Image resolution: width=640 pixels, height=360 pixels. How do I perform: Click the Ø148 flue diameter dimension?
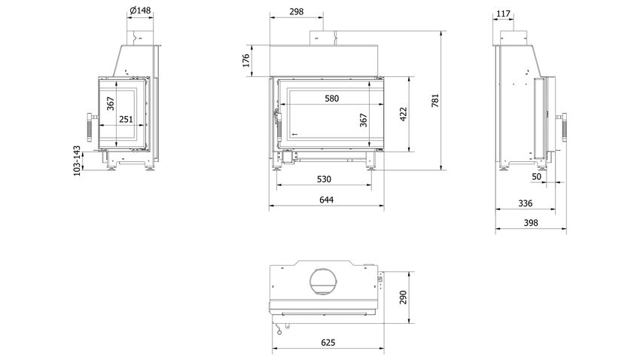140,11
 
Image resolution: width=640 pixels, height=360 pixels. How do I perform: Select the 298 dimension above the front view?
297,12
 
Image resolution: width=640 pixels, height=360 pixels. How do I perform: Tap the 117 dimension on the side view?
503,14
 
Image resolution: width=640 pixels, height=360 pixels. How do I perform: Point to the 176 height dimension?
245,60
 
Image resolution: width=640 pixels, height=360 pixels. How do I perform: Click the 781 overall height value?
435,100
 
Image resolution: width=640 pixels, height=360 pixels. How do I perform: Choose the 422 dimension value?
404,114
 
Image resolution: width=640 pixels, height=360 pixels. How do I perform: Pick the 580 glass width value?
332,99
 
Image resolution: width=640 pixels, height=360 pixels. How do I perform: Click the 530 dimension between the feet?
324,178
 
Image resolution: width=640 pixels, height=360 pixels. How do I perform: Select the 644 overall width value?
327,200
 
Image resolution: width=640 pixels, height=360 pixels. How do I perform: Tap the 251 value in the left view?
126,119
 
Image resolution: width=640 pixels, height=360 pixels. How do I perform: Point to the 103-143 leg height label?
77,161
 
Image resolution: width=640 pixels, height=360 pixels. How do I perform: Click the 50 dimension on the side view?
536,176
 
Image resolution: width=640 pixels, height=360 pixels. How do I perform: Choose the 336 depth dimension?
526,203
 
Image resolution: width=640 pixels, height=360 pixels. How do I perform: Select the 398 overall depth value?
531,223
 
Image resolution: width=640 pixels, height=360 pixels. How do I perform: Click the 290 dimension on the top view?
404,297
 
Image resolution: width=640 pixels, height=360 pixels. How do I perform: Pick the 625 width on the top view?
328,342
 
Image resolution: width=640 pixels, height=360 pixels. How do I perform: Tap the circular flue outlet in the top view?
324,269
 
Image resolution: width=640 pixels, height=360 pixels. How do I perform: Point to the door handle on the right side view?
563,127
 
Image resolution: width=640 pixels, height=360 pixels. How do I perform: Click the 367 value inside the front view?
364,121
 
